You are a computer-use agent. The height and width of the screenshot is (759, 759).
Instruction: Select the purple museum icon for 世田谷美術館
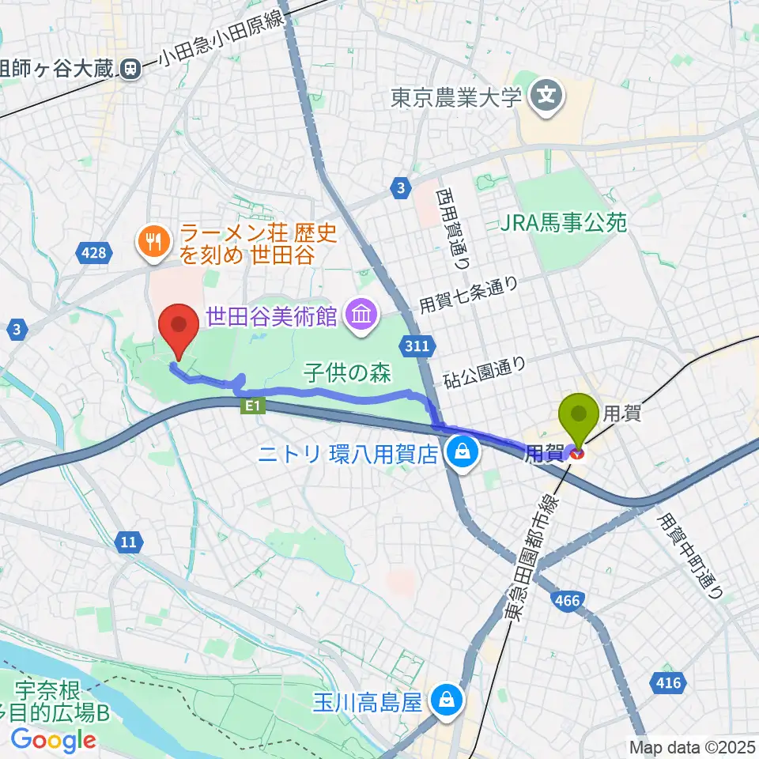(x=361, y=317)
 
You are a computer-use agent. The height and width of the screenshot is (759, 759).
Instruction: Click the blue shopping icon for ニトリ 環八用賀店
(x=460, y=453)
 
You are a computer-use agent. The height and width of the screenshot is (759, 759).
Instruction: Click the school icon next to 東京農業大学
(x=547, y=98)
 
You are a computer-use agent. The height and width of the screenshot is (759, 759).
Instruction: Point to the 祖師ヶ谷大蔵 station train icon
(x=130, y=70)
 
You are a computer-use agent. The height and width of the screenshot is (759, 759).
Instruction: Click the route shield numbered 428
(x=93, y=253)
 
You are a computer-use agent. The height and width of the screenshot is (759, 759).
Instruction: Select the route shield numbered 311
(x=417, y=346)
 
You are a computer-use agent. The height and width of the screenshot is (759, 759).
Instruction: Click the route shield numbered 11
(x=130, y=542)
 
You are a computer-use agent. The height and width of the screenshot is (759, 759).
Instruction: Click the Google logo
(x=53, y=739)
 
